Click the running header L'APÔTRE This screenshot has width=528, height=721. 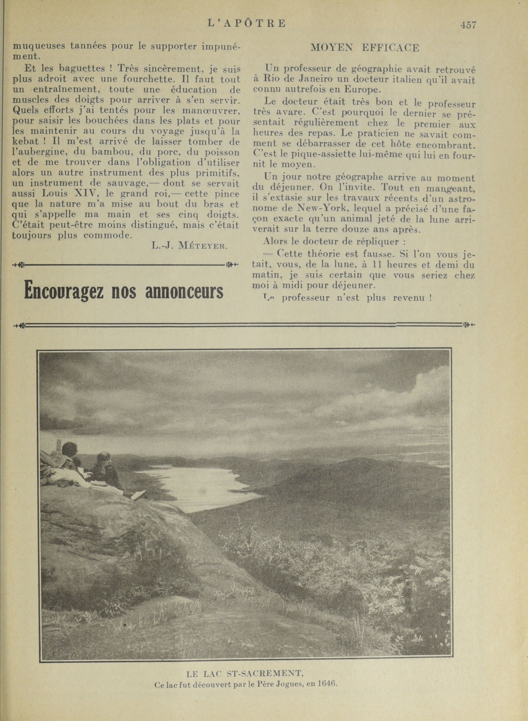coord(246,23)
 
